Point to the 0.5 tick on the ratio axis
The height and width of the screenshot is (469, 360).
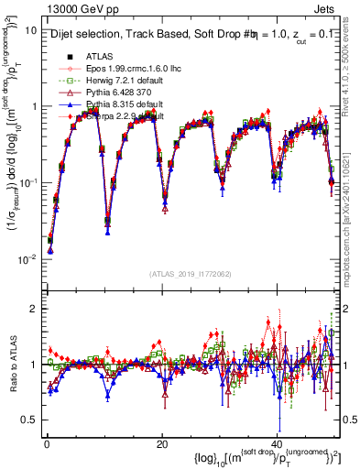point(29,420)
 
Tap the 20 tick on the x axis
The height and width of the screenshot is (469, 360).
point(161,444)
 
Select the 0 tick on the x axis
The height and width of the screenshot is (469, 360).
point(47,444)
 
